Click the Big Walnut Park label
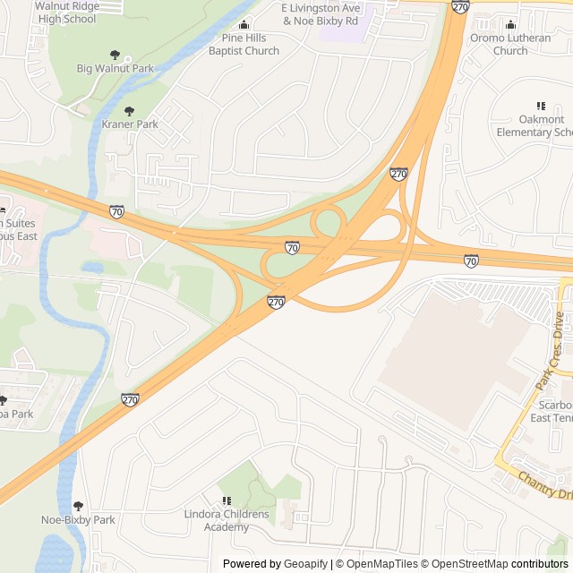click(115, 68)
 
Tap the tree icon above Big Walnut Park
click(114, 55)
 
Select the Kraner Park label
click(130, 124)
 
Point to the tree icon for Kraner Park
click(130, 111)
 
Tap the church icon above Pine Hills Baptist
click(244, 24)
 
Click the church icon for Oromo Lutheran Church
click(510, 24)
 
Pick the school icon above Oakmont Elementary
click(540, 106)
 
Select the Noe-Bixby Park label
click(78, 519)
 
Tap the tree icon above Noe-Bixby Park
click(78, 506)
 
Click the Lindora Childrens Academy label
click(227, 520)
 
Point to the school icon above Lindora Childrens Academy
click(227, 500)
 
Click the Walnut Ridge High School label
click(66, 12)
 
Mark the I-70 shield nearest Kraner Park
click(117, 212)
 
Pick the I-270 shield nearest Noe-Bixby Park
click(131, 400)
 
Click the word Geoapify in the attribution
click(306, 564)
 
